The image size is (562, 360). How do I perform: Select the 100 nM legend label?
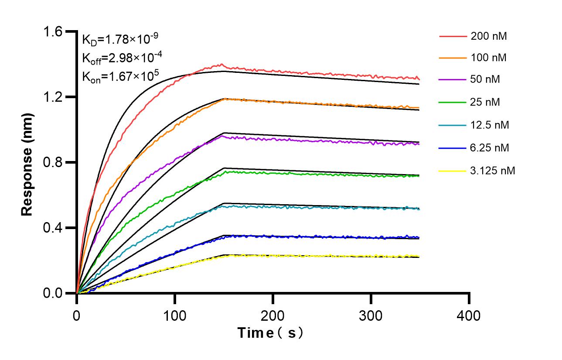[489, 58]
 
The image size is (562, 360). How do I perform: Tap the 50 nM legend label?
[486, 80]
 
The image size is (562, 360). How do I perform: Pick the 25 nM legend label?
[486, 103]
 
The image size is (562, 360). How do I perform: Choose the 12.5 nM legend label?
[490, 125]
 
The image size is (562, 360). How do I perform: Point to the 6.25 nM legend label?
[490, 148]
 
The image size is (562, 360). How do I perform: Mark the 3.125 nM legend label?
[493, 171]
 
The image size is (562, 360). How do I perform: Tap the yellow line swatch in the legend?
[452, 171]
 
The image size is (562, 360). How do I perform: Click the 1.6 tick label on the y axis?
[52, 31]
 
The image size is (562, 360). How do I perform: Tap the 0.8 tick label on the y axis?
[52, 162]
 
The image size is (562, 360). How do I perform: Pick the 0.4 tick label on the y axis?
[52, 228]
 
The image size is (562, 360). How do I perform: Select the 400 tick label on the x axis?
[469, 315]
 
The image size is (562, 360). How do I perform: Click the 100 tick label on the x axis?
[175, 315]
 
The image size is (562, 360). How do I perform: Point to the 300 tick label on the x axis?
[371, 315]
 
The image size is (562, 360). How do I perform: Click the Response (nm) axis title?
[27, 162]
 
